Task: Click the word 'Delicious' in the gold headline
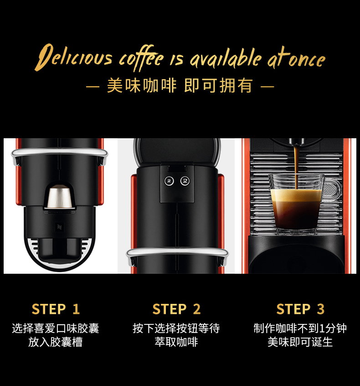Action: point(73,57)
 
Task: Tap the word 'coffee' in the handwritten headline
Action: point(141,58)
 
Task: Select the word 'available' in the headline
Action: point(225,58)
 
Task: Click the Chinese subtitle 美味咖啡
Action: point(142,86)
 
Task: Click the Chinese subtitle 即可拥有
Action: point(218,86)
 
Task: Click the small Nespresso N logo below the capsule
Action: point(59,226)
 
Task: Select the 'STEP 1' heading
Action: point(56,309)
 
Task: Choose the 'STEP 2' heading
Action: point(176,309)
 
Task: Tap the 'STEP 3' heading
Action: point(300,309)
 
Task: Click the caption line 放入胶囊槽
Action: point(55,342)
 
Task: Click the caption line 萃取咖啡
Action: point(176,342)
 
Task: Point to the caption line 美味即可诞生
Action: point(300,342)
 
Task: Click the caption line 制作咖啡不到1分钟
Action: point(300,328)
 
